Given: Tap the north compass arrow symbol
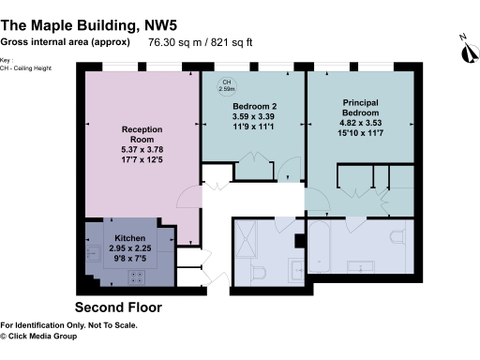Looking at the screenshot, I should [464, 48].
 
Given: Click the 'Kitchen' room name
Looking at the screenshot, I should [129, 238].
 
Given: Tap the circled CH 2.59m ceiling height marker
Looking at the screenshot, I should [226, 87].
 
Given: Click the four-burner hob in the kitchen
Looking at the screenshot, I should [137, 277].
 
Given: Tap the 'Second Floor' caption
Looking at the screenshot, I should [118, 307].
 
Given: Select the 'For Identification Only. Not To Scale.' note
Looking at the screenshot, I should [69, 325].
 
